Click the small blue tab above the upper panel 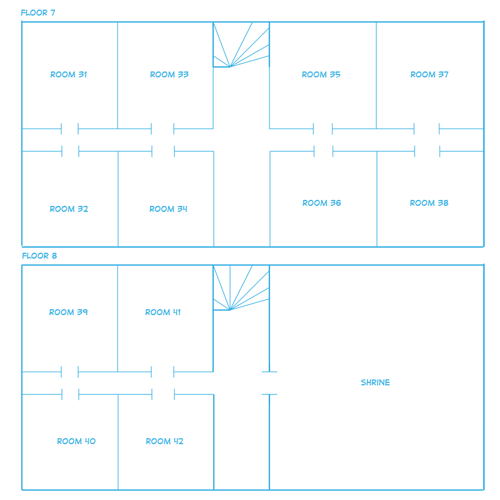pyautogui.click(x=38, y=13)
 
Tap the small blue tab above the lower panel pyautogui.click(x=40, y=256)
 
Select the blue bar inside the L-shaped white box pyautogui.click(x=169, y=74)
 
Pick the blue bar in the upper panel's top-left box pyautogui.click(x=68, y=74)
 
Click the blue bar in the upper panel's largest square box pyautogui.click(x=321, y=74)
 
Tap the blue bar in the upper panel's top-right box pyautogui.click(x=429, y=74)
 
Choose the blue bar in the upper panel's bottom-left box pyautogui.click(x=69, y=209)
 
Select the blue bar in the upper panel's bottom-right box pyautogui.click(x=429, y=203)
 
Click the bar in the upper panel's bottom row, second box pyautogui.click(x=168, y=209)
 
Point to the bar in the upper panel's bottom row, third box pyautogui.click(x=322, y=203)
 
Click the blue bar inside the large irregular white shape pyautogui.click(x=375, y=382)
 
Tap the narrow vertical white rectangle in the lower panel pyautogui.click(x=252, y=385)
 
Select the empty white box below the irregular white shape pyautogui.click(x=383, y=449)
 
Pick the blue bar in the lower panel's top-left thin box pyautogui.click(x=68, y=312)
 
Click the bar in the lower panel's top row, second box pyautogui.click(x=163, y=312)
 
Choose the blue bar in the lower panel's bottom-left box pyautogui.click(x=76, y=441)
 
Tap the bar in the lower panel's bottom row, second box pyautogui.click(x=164, y=441)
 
